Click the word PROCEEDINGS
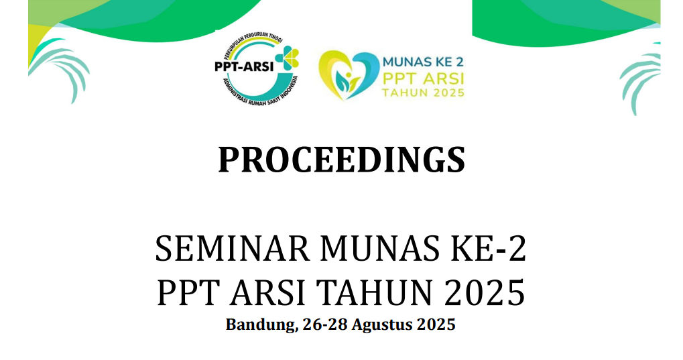(x=342, y=160)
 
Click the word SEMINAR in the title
(x=232, y=249)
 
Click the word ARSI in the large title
(x=267, y=292)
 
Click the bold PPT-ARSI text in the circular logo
(x=244, y=66)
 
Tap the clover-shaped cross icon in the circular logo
(x=287, y=58)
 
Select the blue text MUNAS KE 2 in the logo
(x=423, y=62)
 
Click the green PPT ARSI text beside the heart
(x=423, y=79)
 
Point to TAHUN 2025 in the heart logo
(x=423, y=93)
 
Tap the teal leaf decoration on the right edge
(x=640, y=78)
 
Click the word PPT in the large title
(x=188, y=292)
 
